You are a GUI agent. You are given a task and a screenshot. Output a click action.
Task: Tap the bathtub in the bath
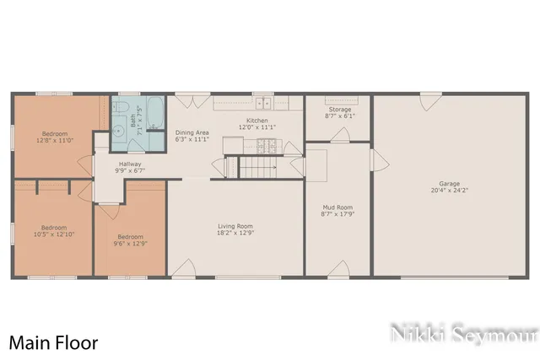click(155, 112)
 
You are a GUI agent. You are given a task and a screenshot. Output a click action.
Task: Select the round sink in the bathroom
click(119, 129)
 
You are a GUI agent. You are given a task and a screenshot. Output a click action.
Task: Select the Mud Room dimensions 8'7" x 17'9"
click(337, 214)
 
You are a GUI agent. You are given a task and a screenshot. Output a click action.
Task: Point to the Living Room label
click(235, 225)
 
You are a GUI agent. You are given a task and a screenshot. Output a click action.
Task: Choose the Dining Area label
click(192, 132)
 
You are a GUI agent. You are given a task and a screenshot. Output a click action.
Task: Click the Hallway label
click(130, 164)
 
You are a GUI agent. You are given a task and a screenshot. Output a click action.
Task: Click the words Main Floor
click(53, 343)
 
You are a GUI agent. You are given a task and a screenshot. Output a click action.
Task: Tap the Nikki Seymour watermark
click(463, 334)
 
